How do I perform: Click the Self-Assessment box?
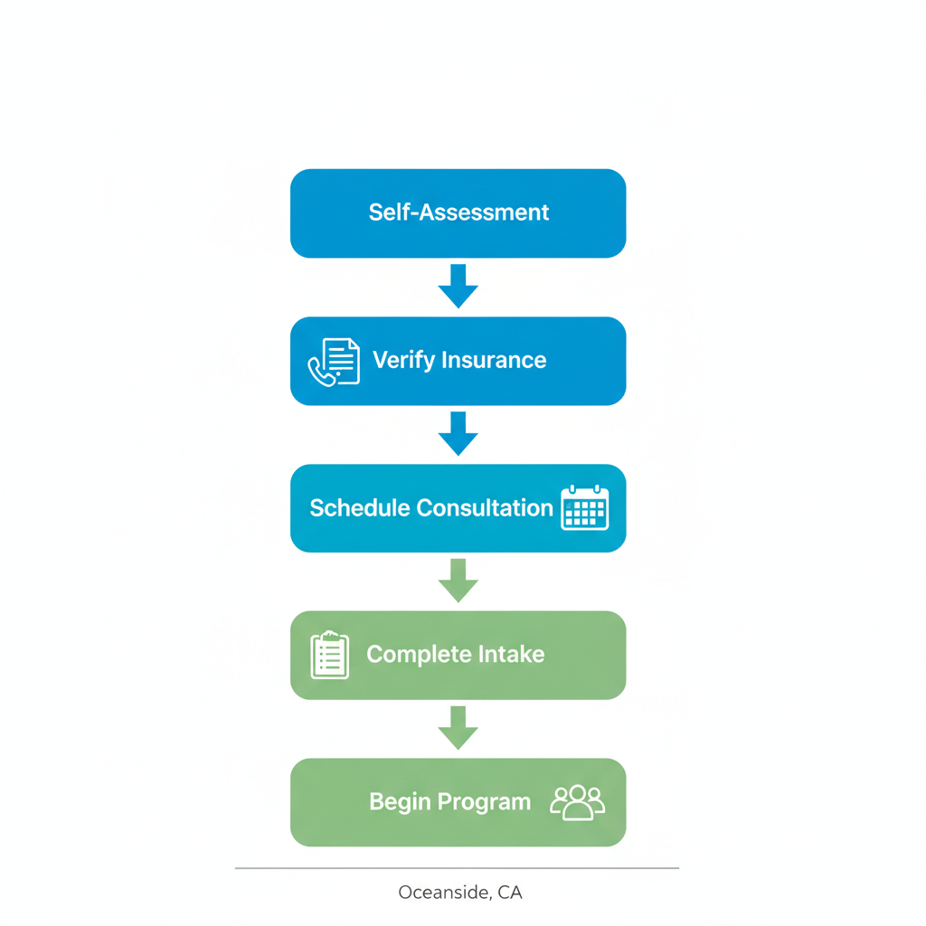tap(458, 213)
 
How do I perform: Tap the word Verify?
tap(402, 360)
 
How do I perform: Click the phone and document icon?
tap(334, 362)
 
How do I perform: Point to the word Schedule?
tap(359, 508)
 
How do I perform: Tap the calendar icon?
tap(584, 508)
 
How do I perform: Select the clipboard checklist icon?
tap(329, 655)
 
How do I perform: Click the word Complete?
tap(419, 655)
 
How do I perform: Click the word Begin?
tap(400, 802)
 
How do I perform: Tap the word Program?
tap(485, 802)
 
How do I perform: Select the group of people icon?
tap(577, 802)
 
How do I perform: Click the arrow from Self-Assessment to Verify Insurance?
tap(458, 286)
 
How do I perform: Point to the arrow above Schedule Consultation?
tap(458, 433)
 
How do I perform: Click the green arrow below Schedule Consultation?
tap(458, 581)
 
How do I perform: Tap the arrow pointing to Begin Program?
tap(458, 728)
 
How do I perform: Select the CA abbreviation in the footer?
tap(509, 893)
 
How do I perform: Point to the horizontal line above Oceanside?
tap(457, 868)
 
